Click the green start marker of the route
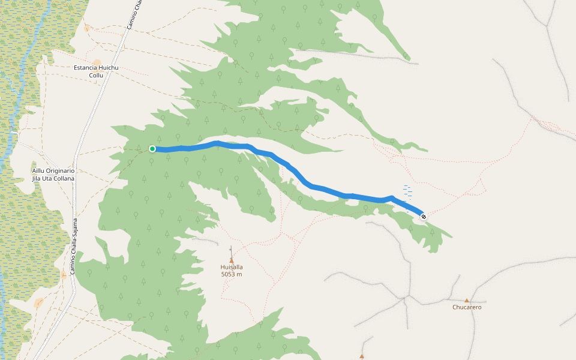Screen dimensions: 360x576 (152, 149)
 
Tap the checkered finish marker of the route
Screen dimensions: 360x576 (424, 217)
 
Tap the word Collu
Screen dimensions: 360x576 (96, 76)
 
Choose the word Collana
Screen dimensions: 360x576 (63, 179)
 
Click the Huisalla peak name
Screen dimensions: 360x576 (231, 267)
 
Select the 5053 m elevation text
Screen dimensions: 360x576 (231, 274)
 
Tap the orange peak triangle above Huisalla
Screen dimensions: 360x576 (232, 260)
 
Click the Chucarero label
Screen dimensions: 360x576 (467, 307)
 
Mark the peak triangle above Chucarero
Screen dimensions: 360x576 (467, 300)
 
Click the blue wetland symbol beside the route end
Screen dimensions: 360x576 (407, 191)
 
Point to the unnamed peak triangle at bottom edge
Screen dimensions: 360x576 (361, 356)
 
